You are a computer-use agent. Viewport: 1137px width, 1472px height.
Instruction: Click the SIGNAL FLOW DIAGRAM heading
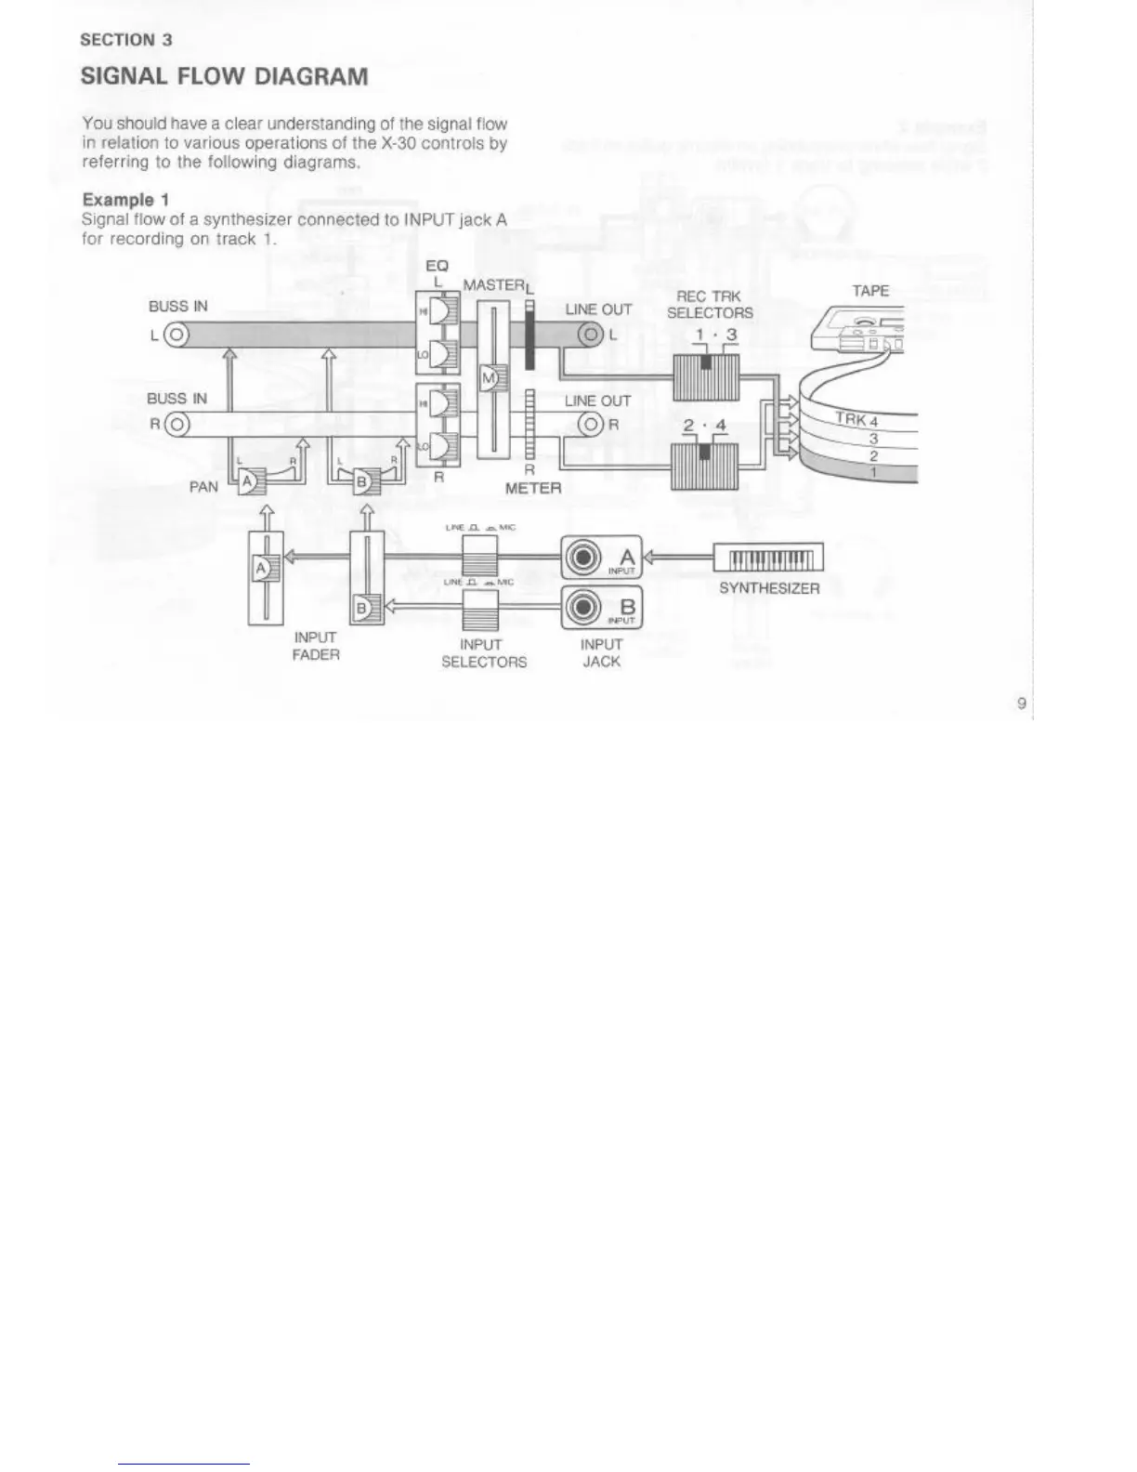coord(224,76)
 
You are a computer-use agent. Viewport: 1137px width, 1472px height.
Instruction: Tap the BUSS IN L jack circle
coord(176,335)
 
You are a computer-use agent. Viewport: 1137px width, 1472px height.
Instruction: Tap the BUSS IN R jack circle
coord(176,426)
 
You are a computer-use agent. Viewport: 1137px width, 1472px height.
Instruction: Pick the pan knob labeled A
coord(249,482)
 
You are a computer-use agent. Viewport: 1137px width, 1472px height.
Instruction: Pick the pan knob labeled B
coord(363,482)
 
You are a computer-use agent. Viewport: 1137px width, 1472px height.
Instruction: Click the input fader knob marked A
coord(263,568)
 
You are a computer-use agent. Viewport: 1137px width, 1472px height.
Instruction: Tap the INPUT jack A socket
coord(583,559)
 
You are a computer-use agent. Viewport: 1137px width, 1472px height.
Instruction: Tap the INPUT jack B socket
coord(583,607)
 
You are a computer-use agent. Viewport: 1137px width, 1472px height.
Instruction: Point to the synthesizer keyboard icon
coord(768,558)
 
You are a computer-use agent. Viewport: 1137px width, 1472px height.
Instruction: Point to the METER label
coord(533,488)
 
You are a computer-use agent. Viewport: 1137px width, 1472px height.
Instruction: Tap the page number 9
coord(1021,703)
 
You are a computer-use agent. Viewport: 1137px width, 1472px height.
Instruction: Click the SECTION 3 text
coord(126,40)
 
